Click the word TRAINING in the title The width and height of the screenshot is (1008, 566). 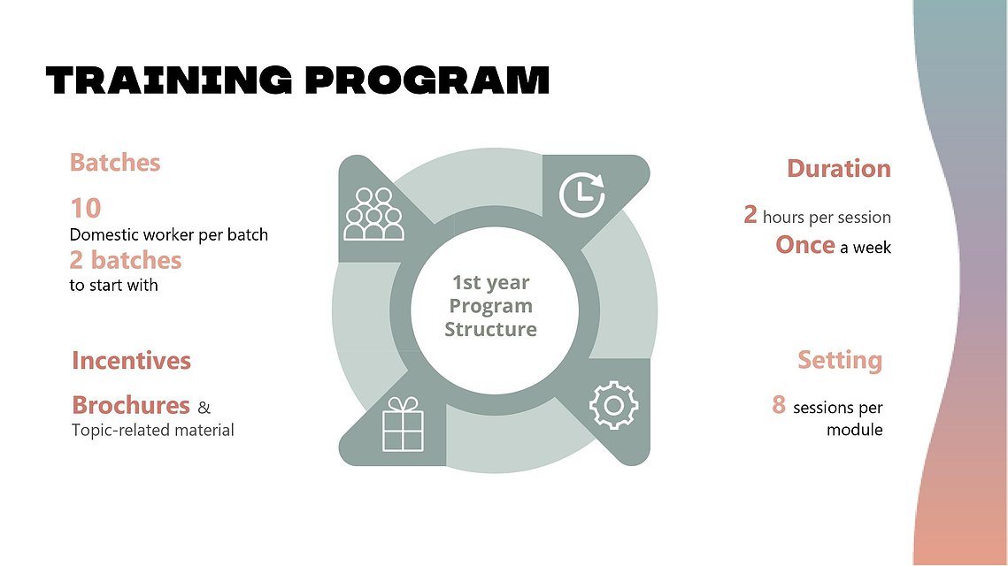coord(169,80)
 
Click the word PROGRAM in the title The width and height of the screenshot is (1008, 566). coord(427,80)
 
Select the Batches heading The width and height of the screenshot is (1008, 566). coord(115,163)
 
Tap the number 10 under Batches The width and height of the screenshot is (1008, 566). coord(86,208)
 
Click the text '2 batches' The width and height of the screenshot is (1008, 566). coord(126,260)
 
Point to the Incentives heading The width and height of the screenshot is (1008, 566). coord(132,361)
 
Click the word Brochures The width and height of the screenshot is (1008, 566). coord(131,405)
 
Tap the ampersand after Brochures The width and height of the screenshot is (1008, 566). coord(204,408)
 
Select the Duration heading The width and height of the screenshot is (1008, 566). coord(839,168)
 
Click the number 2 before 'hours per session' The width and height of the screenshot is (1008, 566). coord(750,215)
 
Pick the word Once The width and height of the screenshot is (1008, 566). coord(805,245)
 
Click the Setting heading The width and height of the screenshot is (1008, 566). coord(840,361)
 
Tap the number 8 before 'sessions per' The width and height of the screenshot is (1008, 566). coord(779,405)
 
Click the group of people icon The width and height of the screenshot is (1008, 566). coord(374,214)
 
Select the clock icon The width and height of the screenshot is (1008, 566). coord(582,194)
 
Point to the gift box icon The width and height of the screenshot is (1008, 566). coord(403,424)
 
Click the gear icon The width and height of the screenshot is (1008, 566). coord(614,405)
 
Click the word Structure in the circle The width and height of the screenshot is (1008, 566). coord(490,329)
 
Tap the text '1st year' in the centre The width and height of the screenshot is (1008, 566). coord(490,283)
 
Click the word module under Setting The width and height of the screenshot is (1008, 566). coord(854,429)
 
